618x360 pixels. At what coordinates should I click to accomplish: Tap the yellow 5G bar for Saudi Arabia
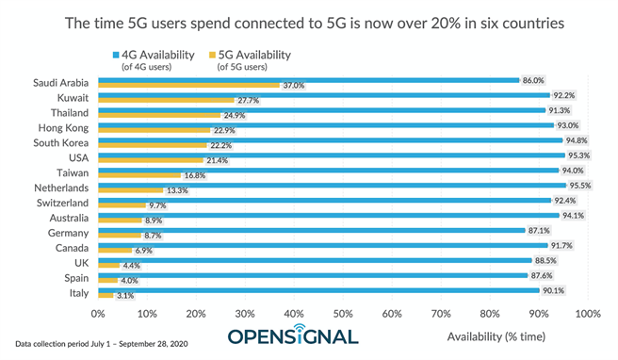(x=188, y=85)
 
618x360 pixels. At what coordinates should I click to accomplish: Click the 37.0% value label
(x=293, y=86)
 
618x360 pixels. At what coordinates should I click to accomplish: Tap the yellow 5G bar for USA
(x=150, y=160)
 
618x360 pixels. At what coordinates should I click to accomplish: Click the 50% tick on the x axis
(x=343, y=313)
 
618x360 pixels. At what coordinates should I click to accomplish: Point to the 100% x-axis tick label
(x=587, y=313)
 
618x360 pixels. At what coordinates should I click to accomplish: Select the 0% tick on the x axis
(x=98, y=313)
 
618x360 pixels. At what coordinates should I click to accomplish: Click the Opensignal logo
(x=293, y=336)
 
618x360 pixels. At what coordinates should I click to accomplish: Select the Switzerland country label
(x=61, y=204)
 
